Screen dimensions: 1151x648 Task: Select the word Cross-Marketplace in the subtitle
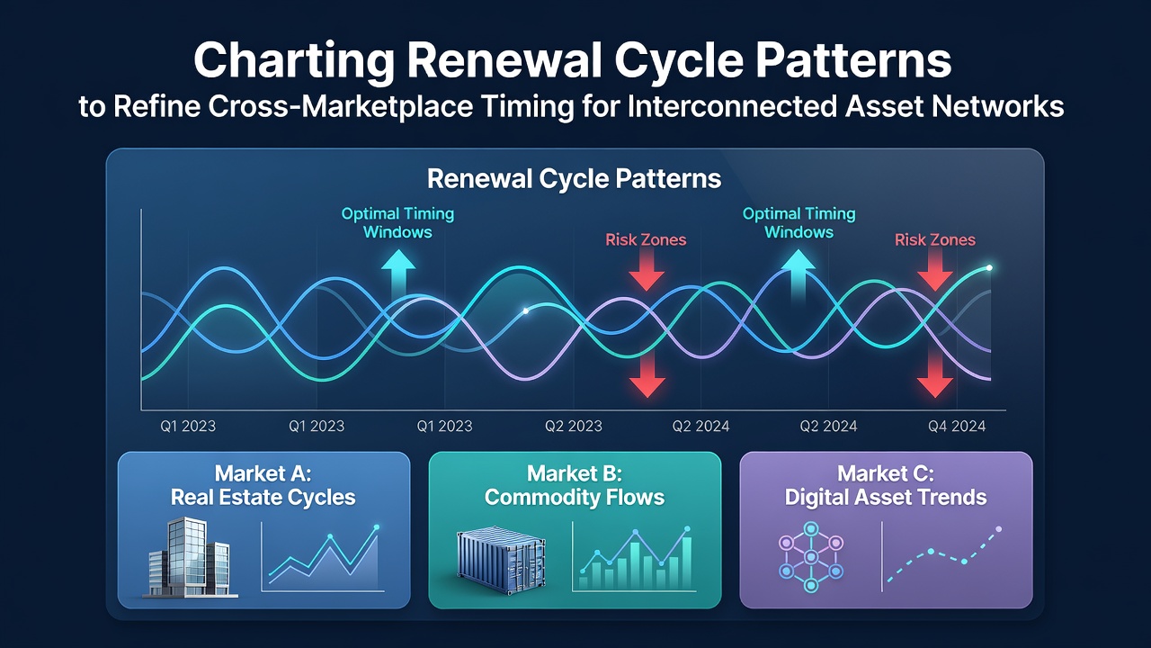[341, 107]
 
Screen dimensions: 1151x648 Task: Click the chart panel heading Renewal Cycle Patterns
[575, 179]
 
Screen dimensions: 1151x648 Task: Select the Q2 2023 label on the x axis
[574, 426]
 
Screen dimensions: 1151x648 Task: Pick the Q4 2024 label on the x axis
[957, 426]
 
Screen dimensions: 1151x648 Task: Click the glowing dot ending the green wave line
[989, 268]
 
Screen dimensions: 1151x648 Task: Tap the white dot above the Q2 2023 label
[526, 310]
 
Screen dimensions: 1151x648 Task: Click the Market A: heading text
[263, 473]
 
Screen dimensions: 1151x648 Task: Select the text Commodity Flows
[575, 498]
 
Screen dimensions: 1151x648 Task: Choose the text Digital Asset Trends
[886, 498]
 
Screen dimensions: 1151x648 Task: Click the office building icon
[190, 558]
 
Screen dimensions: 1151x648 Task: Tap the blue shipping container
[501, 561]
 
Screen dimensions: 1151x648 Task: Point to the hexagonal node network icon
[811, 557]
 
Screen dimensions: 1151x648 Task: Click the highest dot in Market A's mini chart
[377, 527]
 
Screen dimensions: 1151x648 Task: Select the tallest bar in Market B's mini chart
[686, 563]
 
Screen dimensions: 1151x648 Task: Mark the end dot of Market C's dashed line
[998, 529]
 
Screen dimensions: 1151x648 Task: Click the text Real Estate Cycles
[263, 498]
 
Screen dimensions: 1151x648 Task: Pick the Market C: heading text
[886, 473]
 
